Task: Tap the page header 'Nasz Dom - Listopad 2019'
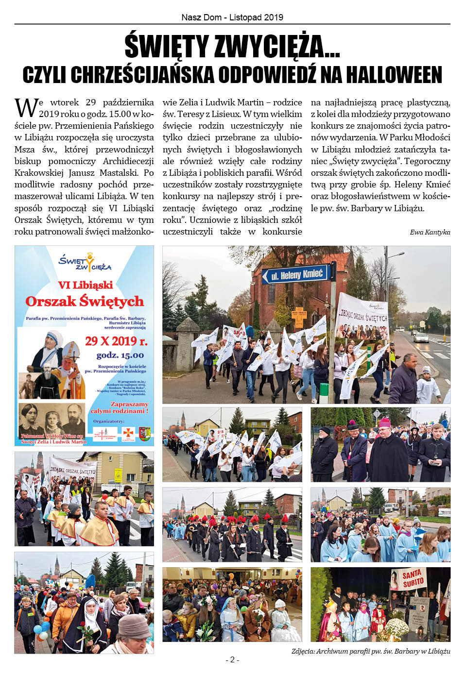(x=232, y=17)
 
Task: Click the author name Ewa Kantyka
(x=430, y=232)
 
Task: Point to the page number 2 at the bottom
(x=232, y=659)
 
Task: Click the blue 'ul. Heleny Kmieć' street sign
(x=296, y=275)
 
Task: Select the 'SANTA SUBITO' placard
(x=413, y=578)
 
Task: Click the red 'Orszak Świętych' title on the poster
(x=85, y=302)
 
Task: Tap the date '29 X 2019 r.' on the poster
(x=116, y=341)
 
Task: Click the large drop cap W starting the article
(x=26, y=108)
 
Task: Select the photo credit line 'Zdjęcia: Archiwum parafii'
(x=371, y=651)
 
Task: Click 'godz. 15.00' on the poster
(x=120, y=355)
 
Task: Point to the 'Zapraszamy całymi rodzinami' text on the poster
(x=120, y=407)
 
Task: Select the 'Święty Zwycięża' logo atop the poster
(x=85, y=262)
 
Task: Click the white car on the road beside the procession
(x=421, y=337)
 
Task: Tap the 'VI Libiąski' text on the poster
(x=85, y=285)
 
